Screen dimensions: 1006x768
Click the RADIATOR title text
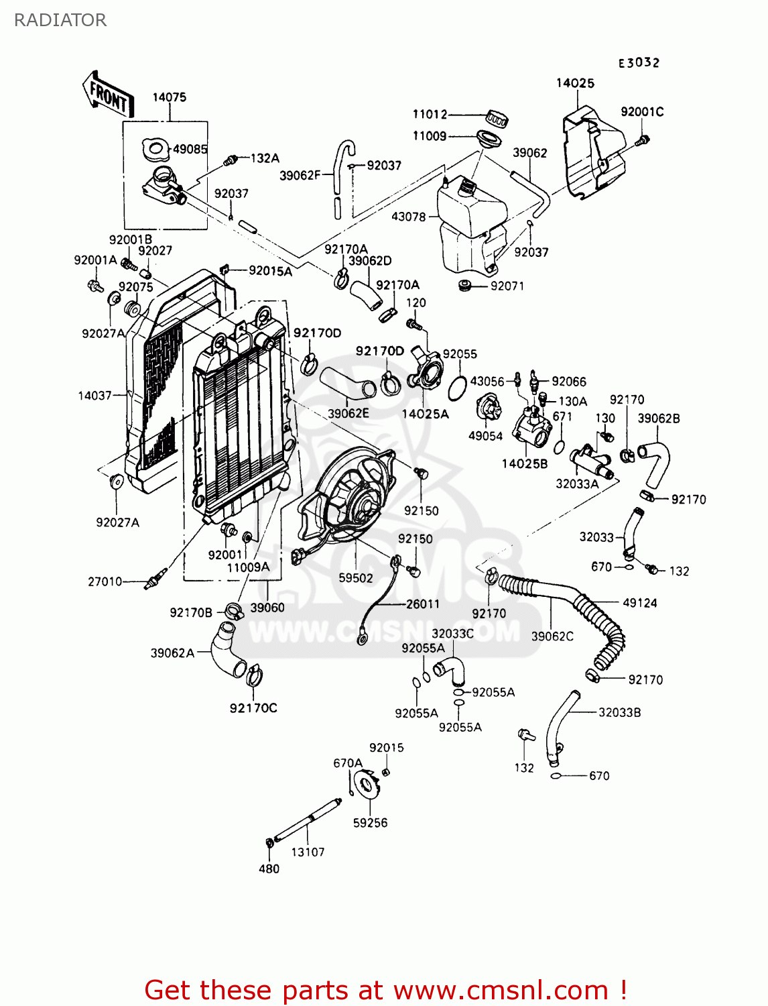pyautogui.click(x=60, y=20)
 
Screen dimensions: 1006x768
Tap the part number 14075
pyautogui.click(x=169, y=97)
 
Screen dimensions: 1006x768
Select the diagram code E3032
pyautogui.click(x=639, y=62)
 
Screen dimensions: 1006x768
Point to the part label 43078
pyautogui.click(x=408, y=217)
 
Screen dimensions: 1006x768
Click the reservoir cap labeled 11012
pyautogui.click(x=497, y=119)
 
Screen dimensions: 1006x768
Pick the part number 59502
pyautogui.click(x=355, y=577)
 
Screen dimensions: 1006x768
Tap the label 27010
pyautogui.click(x=105, y=581)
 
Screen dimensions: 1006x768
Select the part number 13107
pyautogui.click(x=308, y=852)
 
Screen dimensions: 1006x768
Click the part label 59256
pyautogui.click(x=370, y=823)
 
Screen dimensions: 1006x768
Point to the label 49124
pyautogui.click(x=639, y=603)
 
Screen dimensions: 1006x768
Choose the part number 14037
pyautogui.click(x=94, y=396)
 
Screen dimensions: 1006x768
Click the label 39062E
pyautogui.click(x=348, y=414)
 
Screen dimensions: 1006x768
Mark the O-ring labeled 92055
pyautogui.click(x=456, y=388)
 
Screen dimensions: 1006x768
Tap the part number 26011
pyautogui.click(x=423, y=604)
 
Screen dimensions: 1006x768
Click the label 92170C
pyautogui.click(x=253, y=708)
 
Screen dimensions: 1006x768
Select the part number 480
pyautogui.click(x=269, y=869)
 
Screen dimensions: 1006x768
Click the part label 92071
pyautogui.click(x=507, y=286)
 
